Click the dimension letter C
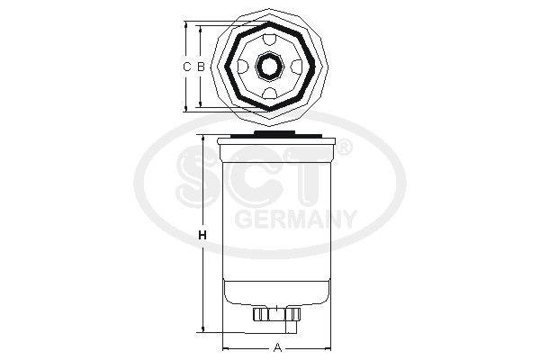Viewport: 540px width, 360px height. coord(186,66)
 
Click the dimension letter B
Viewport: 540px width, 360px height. coord(201,66)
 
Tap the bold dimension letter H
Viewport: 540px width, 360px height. coord(202,236)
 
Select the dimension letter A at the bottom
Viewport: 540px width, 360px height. coord(277,348)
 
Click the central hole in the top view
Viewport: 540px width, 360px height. coord(270,67)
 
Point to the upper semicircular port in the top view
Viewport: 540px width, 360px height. coord(270,40)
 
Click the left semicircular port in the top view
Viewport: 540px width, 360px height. coord(243,66)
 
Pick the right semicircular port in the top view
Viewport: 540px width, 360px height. coord(296,66)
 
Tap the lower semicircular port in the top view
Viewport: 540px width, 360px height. coord(270,93)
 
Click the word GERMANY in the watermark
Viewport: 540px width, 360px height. coord(295,219)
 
